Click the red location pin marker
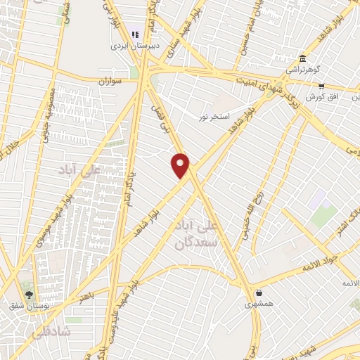point(181,165)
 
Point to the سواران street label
point(111,82)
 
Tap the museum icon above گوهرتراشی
point(302,58)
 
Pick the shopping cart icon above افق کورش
point(321,86)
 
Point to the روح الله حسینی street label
point(255,208)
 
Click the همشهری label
point(258,304)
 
